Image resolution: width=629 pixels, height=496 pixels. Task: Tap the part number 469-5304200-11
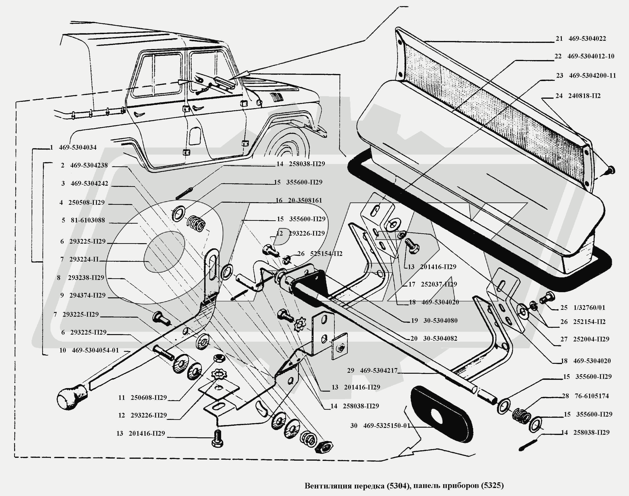[592, 75]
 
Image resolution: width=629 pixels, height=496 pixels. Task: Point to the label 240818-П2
[584, 96]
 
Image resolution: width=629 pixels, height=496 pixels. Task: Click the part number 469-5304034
[78, 148]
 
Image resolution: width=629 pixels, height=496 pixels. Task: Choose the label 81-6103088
[88, 220]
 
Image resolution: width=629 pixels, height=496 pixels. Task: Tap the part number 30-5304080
[440, 321]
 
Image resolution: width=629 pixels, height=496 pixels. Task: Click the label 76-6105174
[592, 396]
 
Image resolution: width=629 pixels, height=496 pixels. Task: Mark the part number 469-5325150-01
[386, 426]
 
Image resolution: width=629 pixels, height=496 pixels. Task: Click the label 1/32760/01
[589, 307]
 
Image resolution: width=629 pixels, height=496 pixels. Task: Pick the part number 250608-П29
[149, 398]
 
